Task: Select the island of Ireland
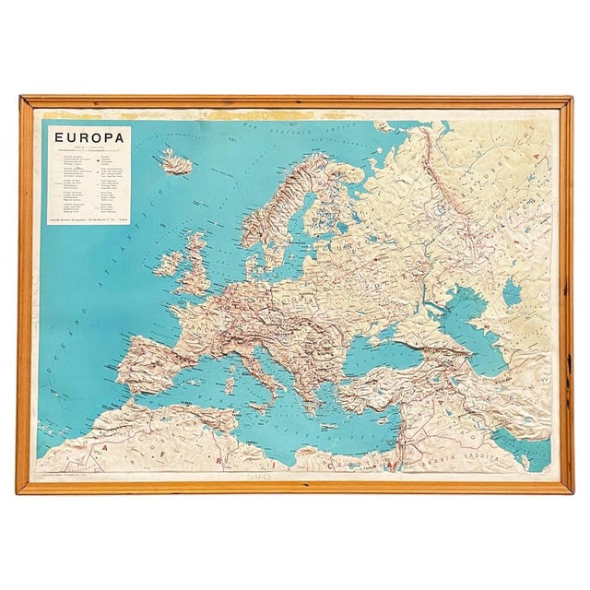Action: [169, 264]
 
